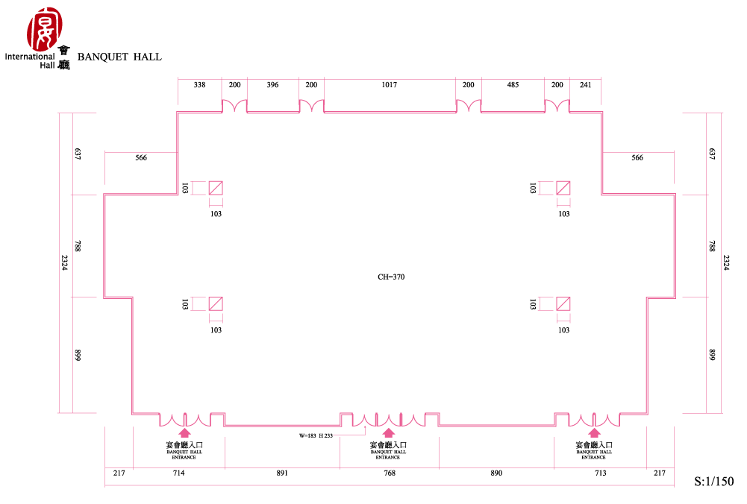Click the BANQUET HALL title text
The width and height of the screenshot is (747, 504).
pos(119,57)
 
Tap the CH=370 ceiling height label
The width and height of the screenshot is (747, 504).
pos(391,277)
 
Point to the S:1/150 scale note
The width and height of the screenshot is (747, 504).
pos(713,481)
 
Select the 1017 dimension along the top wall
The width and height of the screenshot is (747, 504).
pos(390,85)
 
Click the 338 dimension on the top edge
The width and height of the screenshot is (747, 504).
pos(199,85)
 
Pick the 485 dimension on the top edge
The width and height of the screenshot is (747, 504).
pos(513,85)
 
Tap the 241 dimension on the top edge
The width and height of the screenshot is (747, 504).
pos(586,85)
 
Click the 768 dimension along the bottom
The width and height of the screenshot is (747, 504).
pos(390,473)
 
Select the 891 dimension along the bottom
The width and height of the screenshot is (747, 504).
pos(282,473)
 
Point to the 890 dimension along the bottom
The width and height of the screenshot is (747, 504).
pos(496,473)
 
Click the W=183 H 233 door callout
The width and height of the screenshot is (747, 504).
pos(316,435)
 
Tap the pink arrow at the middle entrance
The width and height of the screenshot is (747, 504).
pos(389,432)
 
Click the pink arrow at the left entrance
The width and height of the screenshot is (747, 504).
pos(184,432)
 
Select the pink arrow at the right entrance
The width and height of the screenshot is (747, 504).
pos(594,432)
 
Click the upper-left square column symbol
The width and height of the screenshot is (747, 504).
pos(216,188)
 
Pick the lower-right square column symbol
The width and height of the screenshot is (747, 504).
pos(563,303)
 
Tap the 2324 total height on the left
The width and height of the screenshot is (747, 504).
pos(64,262)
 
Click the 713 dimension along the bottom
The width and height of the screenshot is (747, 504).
pos(600,473)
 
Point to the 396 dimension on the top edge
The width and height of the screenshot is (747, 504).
pos(272,85)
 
